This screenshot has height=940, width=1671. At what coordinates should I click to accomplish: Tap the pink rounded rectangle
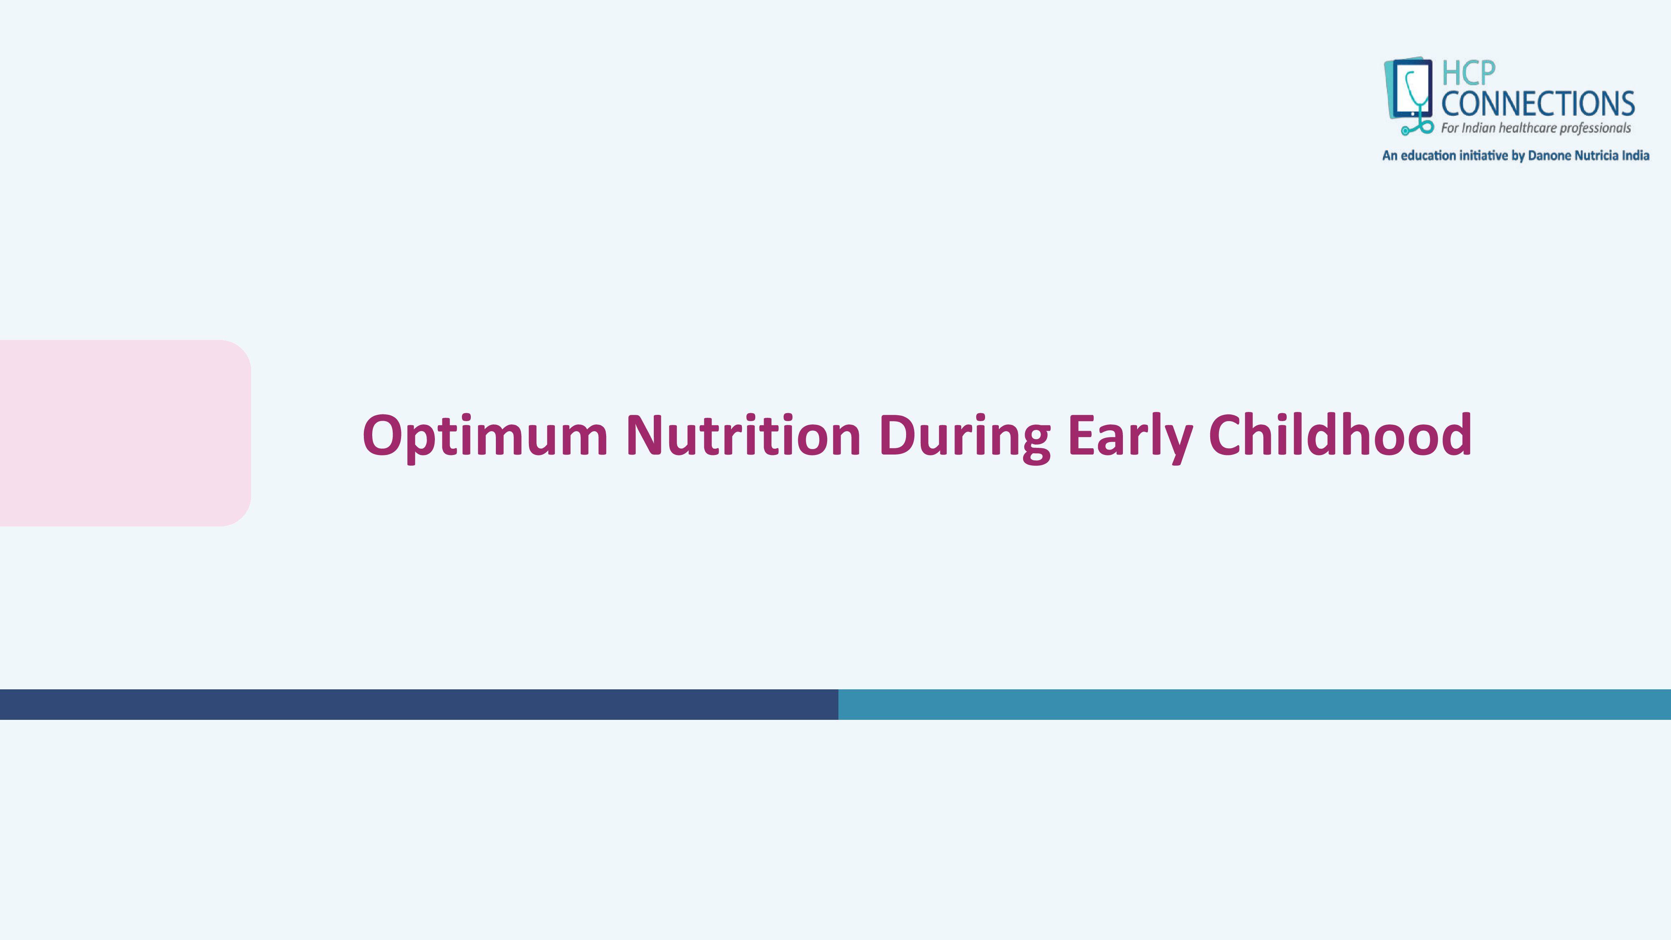[x=125, y=433]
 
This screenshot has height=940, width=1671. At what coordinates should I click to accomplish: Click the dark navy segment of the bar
[x=419, y=704]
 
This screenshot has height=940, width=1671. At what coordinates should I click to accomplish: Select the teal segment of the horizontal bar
[x=1255, y=704]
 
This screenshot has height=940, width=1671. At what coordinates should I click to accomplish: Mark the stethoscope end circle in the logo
[x=1405, y=131]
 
